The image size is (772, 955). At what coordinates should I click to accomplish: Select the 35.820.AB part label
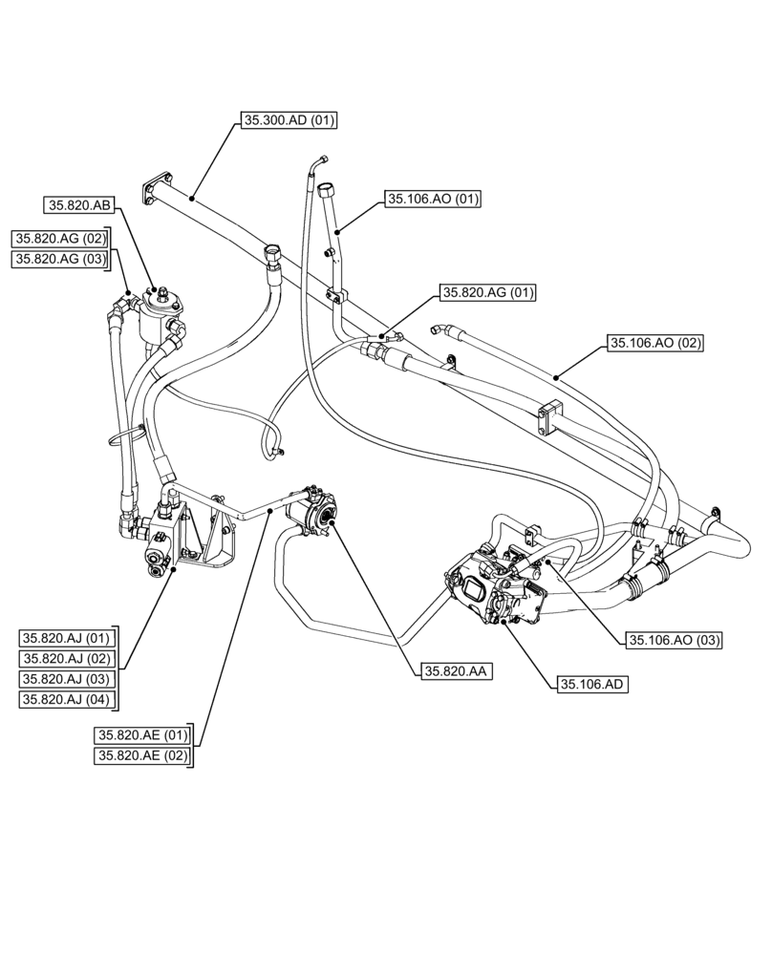tap(79, 204)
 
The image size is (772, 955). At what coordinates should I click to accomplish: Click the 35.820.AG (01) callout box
tap(488, 292)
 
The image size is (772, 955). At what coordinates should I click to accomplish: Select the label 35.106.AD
tap(593, 684)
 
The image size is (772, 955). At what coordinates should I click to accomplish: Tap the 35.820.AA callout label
tap(454, 672)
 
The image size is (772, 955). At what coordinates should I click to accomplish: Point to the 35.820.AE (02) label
tap(142, 756)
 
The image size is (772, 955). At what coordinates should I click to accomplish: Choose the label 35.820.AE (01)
tap(142, 735)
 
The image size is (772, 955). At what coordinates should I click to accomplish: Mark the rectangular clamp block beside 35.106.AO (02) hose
tap(550, 418)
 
